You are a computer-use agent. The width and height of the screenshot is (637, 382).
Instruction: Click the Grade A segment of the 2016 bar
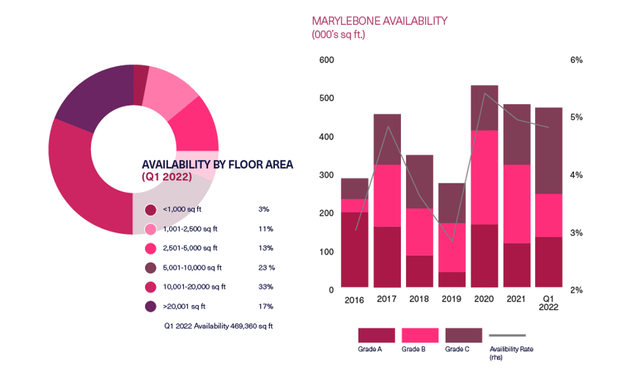click(355, 249)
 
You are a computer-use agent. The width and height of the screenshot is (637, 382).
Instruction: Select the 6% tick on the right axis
click(576, 60)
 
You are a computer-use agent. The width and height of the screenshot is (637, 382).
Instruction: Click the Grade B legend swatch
click(420, 335)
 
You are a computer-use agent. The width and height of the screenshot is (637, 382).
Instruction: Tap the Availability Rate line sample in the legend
click(507, 336)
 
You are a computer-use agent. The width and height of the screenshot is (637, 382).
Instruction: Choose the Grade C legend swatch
click(464, 335)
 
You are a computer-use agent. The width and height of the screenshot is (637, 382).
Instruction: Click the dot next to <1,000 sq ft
click(151, 210)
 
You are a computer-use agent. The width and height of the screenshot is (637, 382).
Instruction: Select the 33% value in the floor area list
click(265, 287)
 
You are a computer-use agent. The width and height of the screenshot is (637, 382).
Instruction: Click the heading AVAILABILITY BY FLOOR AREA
click(217, 165)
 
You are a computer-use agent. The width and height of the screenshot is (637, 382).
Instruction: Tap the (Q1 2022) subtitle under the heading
click(166, 177)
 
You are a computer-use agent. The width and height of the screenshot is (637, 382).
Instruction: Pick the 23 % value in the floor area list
click(267, 268)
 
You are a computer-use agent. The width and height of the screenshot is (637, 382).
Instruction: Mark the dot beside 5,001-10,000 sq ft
click(151, 268)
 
